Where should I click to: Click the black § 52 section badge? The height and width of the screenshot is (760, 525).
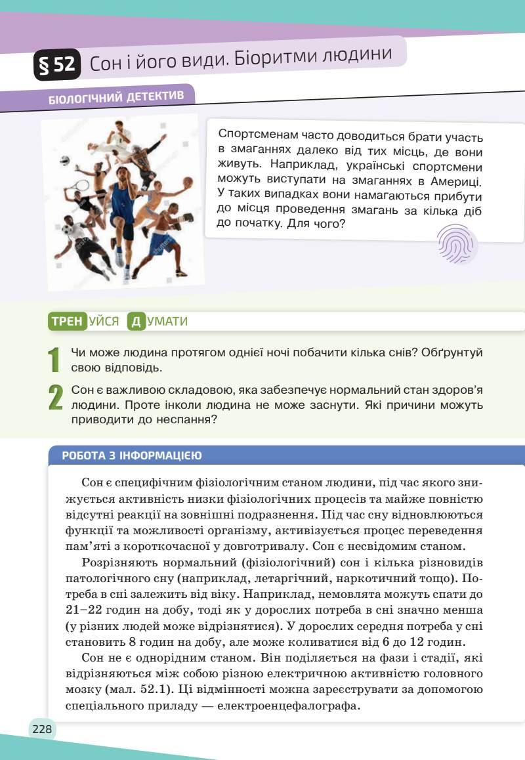pyautogui.click(x=58, y=66)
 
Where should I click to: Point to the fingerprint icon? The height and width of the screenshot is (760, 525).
pyautogui.click(x=455, y=245)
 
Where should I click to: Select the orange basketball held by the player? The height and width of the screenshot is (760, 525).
pyautogui.click(x=188, y=182)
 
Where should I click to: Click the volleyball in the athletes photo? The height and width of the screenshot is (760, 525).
pyautogui.click(x=65, y=159)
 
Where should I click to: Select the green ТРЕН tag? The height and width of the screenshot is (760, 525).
pyautogui.click(x=67, y=321)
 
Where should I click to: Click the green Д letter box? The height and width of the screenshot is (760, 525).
pyautogui.click(x=136, y=321)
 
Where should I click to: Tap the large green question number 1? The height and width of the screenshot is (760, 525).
pyautogui.click(x=54, y=359)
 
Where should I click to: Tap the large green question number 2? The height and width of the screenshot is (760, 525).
pyautogui.click(x=55, y=398)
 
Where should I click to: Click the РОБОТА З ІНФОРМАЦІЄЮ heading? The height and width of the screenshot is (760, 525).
pyautogui.click(x=131, y=455)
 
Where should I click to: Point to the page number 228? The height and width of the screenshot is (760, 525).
pyautogui.click(x=42, y=729)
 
